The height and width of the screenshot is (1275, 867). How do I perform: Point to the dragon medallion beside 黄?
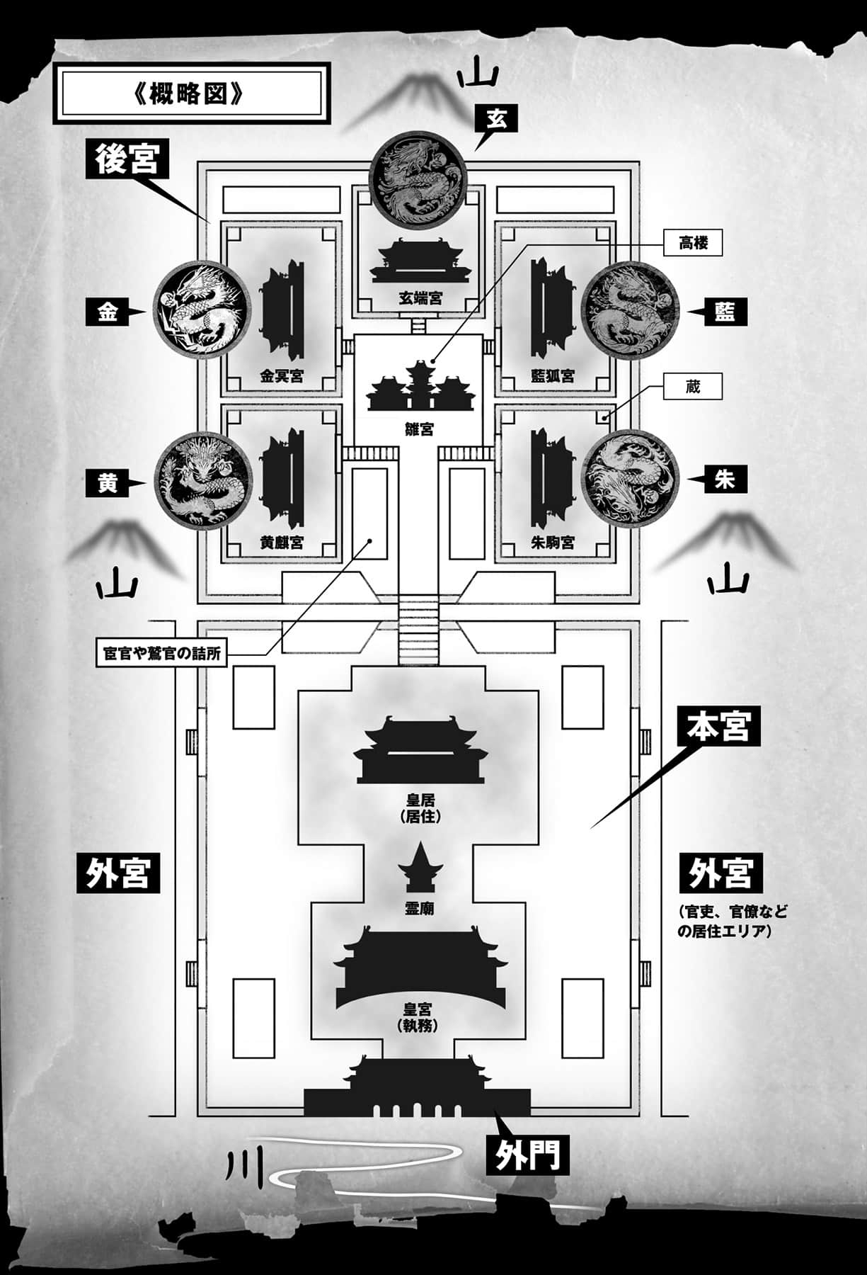[x=202, y=479]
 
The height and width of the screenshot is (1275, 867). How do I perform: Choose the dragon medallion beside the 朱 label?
[x=630, y=478]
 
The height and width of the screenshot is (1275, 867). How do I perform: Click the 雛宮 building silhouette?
[x=420, y=386]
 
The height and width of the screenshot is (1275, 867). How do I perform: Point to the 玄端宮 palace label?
[x=419, y=298]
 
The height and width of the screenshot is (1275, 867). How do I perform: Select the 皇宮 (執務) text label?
[x=418, y=1016]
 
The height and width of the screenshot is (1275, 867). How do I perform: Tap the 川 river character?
[x=247, y=1169]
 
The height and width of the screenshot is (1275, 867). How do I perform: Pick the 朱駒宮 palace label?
[x=552, y=542]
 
